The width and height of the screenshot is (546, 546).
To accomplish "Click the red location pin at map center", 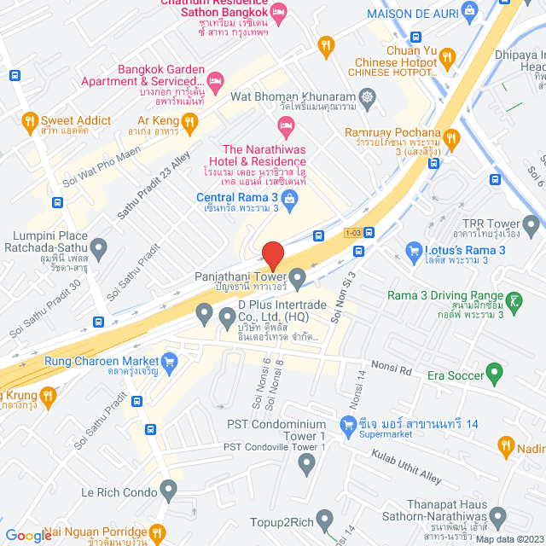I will point(273,255).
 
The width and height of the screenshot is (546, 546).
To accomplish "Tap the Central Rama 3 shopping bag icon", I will point(289,200).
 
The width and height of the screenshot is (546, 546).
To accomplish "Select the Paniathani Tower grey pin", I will point(297,276).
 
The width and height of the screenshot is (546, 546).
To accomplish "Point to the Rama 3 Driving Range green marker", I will point(515,299).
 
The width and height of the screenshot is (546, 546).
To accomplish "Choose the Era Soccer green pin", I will point(493,373).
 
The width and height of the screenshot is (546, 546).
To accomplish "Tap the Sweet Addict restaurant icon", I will point(30,120).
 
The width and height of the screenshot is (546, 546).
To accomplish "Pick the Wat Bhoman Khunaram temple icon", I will point(368,98).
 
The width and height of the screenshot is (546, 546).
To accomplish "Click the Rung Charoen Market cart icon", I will point(169,361).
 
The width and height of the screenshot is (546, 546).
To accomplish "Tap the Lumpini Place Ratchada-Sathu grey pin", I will point(100,249).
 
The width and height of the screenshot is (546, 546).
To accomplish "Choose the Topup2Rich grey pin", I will point(323,519).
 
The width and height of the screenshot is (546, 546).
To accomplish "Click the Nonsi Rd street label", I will point(394,372).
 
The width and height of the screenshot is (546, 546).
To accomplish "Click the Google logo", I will point(28,535).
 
